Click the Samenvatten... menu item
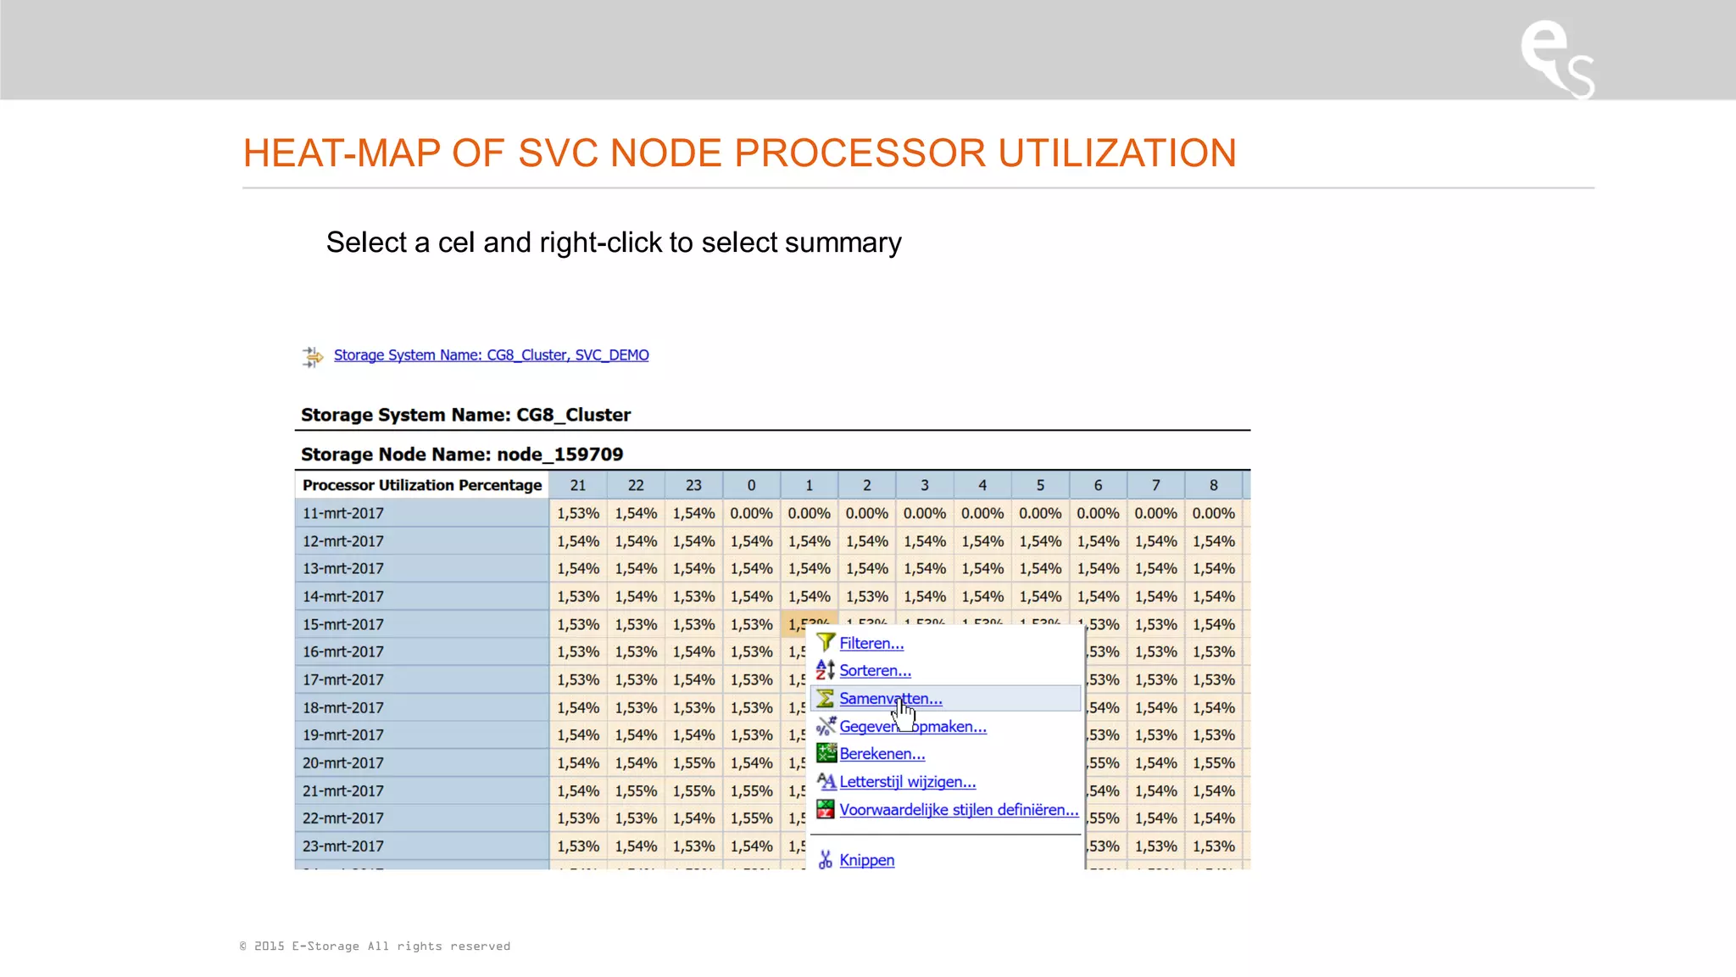click(890, 699)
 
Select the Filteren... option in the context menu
click(871, 644)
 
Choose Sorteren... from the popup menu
click(875, 671)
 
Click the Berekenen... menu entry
click(882, 754)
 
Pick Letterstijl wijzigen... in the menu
click(907, 782)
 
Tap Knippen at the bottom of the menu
click(866, 860)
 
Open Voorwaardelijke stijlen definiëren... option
click(958, 810)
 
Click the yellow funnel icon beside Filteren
click(826, 643)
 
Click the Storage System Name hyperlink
click(491, 355)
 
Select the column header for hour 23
click(693, 485)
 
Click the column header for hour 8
click(1213, 485)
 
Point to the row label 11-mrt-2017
click(343, 513)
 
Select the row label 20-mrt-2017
click(343, 763)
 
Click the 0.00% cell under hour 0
click(751, 513)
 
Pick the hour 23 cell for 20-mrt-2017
click(693, 763)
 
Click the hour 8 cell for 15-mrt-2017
click(1213, 624)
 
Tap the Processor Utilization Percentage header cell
click(422, 485)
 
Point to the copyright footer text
click(375, 946)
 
